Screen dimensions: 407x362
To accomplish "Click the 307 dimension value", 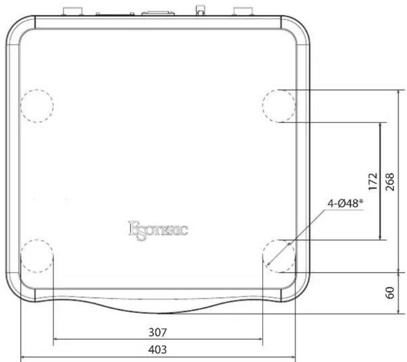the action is tap(158, 333).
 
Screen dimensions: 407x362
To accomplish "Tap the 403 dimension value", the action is tap(158, 350).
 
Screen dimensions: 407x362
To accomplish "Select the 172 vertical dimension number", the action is tap(373, 182).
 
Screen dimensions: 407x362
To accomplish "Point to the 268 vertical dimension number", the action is tap(390, 182).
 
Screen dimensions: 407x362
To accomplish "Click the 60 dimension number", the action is tap(390, 293).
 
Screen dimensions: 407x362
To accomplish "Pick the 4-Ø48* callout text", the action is tap(345, 203).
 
